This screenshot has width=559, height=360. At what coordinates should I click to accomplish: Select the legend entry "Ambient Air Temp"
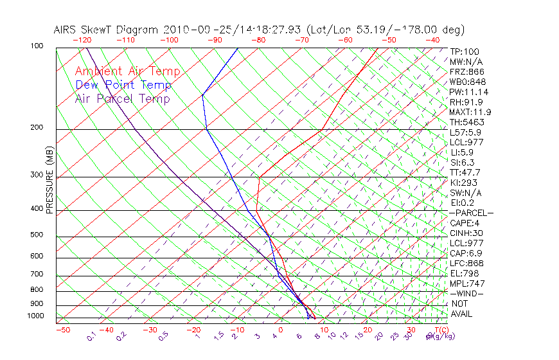pos(127,71)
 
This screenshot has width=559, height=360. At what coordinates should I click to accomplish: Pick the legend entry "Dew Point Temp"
pos(123,85)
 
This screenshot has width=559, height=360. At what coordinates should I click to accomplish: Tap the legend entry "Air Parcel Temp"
pos(122,98)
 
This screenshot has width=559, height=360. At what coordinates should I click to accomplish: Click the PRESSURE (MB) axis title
pos(49,181)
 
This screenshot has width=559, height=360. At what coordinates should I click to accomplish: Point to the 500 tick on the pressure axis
pos(36,235)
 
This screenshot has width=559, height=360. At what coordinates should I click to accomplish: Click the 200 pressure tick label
pos(36,128)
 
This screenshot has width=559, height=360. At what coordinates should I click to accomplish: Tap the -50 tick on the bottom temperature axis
pos(62,330)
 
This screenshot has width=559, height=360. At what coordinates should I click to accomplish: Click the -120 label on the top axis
pos(82,40)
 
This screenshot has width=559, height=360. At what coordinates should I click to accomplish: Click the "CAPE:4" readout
pos(465,223)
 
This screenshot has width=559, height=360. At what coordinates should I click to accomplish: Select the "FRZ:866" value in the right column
pos(467,72)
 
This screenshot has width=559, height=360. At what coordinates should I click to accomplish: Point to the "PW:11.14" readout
pos(469,92)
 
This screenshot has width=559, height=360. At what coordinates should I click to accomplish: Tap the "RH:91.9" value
pos(466,102)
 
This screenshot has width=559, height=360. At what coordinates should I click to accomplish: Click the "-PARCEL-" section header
pos(471,213)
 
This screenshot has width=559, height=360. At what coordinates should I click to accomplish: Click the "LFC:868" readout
pos(467,263)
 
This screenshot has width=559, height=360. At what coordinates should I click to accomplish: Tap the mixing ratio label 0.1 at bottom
pos(92,336)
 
